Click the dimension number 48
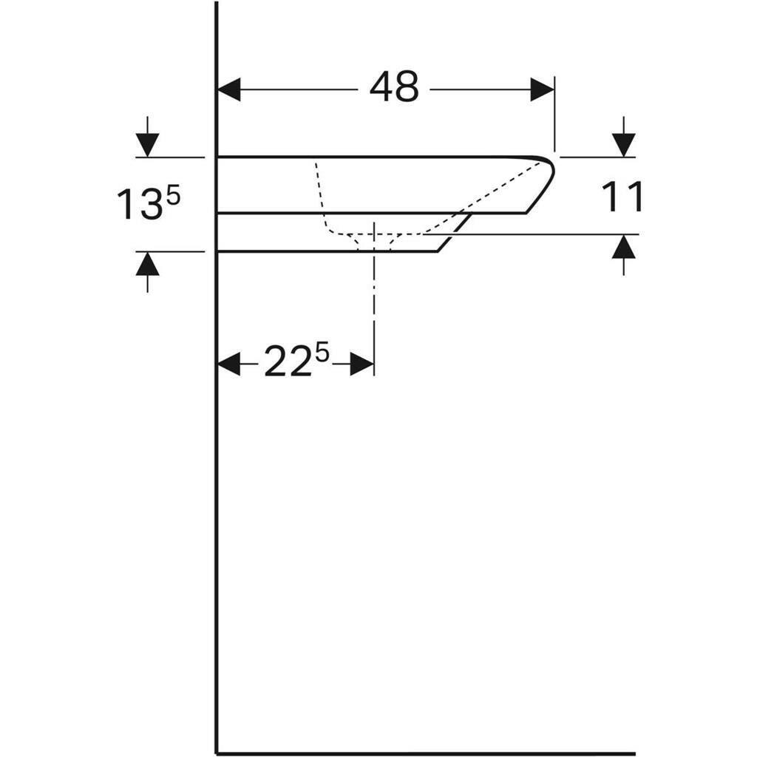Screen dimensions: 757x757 click(394, 89)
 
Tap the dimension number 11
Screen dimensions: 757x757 click(622, 197)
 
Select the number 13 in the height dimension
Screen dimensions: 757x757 click(138, 205)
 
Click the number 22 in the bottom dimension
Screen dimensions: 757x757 click(287, 364)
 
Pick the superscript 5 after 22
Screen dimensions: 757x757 click(321, 353)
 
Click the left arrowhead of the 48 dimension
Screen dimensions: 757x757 click(230, 90)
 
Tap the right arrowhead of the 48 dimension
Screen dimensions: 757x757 click(542, 90)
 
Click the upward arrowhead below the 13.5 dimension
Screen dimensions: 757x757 click(148, 264)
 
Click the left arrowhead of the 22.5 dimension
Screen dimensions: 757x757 click(229, 364)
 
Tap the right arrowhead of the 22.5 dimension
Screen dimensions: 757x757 click(361, 364)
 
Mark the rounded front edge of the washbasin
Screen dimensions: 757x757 click(551, 173)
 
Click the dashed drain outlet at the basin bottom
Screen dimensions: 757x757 click(376, 242)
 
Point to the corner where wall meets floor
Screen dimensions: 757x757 click(217, 753)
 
